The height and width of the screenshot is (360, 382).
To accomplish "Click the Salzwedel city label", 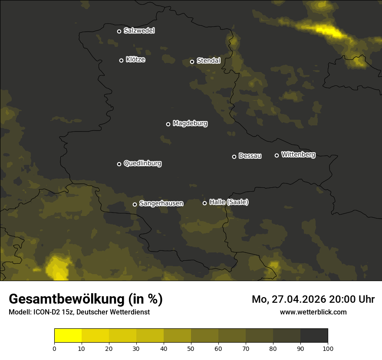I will coord(139,31).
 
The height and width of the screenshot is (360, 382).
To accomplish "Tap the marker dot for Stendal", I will coord(192,62).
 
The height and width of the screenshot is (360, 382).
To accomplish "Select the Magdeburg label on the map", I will coord(190,124).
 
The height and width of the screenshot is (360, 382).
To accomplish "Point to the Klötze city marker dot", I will coord(121,60).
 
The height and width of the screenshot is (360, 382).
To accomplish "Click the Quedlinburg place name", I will coord(142,164).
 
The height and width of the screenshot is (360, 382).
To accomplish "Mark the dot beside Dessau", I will coord(234,157).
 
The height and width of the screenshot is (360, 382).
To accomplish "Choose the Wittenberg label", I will coord(298,154).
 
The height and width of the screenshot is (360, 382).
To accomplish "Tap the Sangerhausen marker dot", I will coord(135,204).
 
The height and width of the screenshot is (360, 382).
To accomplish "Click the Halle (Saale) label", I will coord(229,202).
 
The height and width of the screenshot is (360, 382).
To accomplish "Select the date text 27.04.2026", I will coord(298,299).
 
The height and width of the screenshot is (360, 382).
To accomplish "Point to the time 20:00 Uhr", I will coord(352,299).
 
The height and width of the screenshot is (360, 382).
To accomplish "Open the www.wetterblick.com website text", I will coord(313,312).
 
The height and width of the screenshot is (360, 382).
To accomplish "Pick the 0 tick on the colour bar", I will coord(54,348).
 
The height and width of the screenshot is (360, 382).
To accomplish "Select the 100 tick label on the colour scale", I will coord(328,348).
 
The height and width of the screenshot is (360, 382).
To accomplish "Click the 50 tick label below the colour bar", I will coord(191,348).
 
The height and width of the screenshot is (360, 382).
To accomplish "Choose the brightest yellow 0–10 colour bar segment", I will coord(68,336).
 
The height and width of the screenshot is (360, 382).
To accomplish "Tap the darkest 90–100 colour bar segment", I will coord(314,336).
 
